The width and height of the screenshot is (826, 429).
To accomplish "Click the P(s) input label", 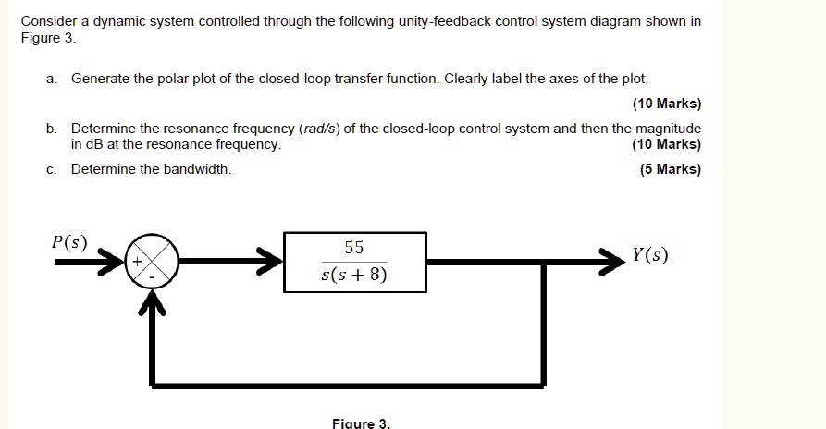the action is click(x=69, y=242).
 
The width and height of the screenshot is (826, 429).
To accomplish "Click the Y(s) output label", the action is click(x=650, y=255).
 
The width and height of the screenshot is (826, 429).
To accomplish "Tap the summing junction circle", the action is click(x=152, y=261).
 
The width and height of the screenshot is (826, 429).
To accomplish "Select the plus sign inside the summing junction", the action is click(x=137, y=261).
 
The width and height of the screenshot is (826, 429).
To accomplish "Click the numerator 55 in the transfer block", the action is click(x=354, y=247).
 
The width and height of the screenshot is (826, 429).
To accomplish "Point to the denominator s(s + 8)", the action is click(x=354, y=274).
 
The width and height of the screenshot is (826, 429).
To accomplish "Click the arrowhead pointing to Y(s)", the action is click(x=612, y=262).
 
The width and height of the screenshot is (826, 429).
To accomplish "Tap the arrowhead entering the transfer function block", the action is click(x=270, y=262).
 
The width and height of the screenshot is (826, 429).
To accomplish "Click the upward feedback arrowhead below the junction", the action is click(x=153, y=302).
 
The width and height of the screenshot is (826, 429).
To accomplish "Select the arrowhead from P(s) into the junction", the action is click(x=111, y=262).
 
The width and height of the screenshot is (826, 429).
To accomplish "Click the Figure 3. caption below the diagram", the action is click(x=362, y=423).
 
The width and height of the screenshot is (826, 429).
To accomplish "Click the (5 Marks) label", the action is click(x=671, y=169).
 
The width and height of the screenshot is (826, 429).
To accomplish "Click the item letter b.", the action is click(x=51, y=129).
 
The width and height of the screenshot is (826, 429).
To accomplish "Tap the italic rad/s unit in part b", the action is click(x=319, y=129).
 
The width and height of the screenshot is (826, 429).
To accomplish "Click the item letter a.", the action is click(x=51, y=79).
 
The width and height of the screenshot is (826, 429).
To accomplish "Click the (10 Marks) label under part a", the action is click(x=667, y=104).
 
